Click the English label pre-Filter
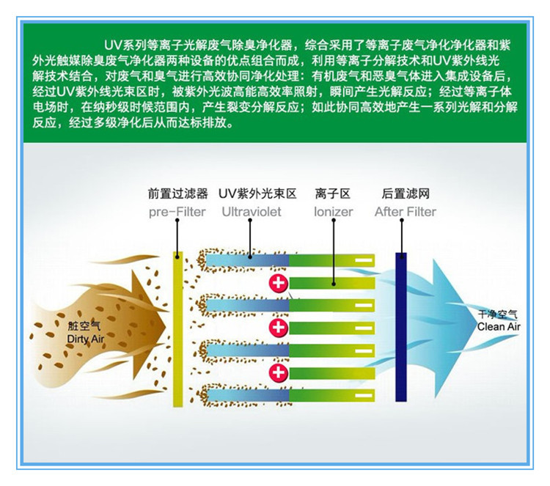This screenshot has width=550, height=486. [177, 212]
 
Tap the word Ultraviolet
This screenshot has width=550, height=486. [252, 211]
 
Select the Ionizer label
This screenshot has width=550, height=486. [333, 211]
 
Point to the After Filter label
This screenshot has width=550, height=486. [406, 211]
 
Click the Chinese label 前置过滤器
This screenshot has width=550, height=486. [178, 194]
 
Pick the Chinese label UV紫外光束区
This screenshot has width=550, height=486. [257, 194]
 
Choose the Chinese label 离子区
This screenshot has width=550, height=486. [333, 194]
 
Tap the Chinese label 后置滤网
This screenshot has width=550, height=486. [406, 194]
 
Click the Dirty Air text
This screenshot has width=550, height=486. [86, 339]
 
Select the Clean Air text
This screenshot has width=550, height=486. [499, 327]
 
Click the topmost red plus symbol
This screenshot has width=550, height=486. [279, 283]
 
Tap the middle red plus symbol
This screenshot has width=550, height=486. [279, 328]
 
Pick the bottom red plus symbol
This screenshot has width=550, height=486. [279, 372]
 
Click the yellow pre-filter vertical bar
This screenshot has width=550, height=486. [178, 329]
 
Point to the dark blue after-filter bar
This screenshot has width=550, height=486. [401, 327]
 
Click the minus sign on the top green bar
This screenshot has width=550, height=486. [364, 260]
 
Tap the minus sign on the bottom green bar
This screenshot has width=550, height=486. [364, 395]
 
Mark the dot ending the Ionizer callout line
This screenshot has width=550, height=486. [334, 284]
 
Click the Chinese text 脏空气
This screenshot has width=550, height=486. [84, 326]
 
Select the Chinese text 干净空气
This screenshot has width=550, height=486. [498, 314]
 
